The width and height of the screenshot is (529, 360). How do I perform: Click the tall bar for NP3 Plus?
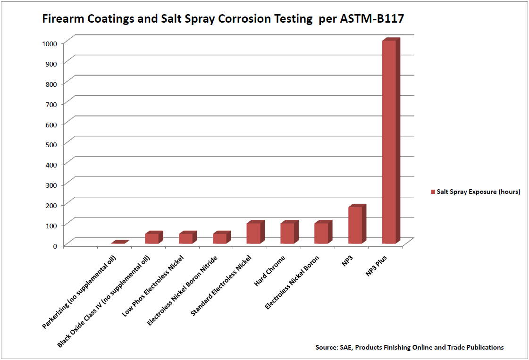click(x=389, y=142)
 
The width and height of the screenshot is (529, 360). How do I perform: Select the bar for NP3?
click(x=355, y=225)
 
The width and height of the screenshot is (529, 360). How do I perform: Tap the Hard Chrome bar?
click(x=287, y=233)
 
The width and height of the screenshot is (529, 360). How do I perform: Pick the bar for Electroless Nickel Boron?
click(x=321, y=233)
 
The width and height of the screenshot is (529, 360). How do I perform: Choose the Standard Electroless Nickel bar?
click(x=253, y=233)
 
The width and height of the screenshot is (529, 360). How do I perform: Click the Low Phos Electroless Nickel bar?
click(x=185, y=238)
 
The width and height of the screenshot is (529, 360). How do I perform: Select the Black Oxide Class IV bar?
click(x=151, y=238)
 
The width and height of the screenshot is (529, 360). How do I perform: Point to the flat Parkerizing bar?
click(x=119, y=243)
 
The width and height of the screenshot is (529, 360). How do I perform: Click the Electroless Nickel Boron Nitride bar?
click(x=219, y=238)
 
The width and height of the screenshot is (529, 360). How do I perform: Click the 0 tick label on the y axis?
click(x=55, y=245)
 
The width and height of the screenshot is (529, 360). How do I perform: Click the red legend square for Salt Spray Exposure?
click(x=433, y=192)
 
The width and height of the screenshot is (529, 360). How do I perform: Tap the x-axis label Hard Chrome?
click(x=270, y=271)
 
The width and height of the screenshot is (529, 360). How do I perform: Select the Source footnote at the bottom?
click(x=410, y=347)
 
